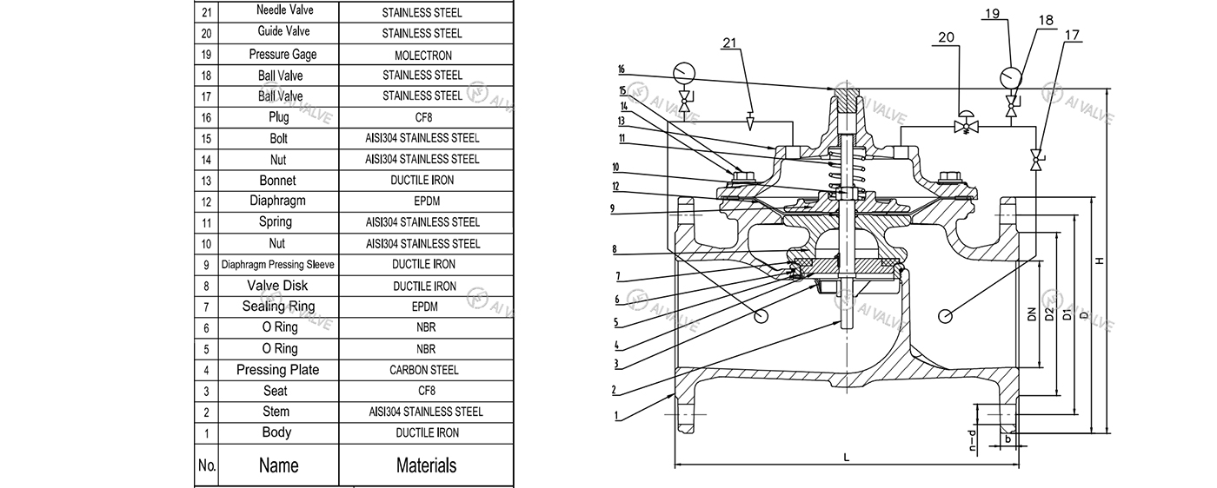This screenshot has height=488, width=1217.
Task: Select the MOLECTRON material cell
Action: [422, 55]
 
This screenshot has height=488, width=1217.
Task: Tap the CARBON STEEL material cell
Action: [422, 370]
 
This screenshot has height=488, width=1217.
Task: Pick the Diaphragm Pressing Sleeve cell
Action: [277, 265]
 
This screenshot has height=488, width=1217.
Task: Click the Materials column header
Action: [425, 465]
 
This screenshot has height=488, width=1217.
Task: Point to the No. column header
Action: [206, 465]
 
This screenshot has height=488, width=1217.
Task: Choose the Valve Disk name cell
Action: [277, 286]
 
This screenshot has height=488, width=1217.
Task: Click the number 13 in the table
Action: [206, 181]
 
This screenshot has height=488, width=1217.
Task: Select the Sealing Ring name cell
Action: [277, 307]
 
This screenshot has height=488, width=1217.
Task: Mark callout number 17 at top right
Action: [1072, 36]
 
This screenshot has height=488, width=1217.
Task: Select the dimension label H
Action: [1100, 260]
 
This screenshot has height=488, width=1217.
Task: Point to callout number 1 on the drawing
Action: [616, 415]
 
